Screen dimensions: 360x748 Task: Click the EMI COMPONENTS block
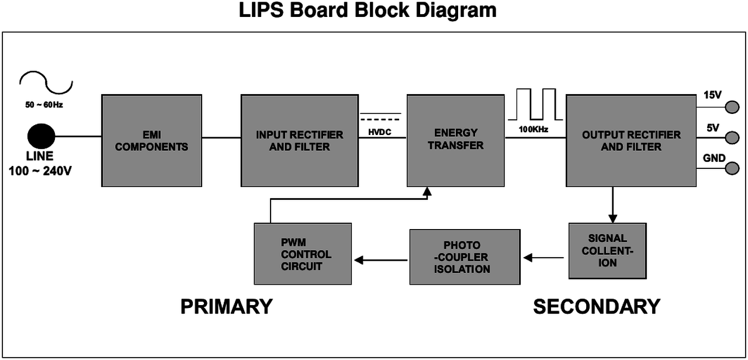[x=151, y=140]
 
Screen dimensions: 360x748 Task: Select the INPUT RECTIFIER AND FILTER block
[x=300, y=140]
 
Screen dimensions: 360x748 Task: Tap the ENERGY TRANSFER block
[x=456, y=140]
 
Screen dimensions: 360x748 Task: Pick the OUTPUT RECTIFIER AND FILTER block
[x=631, y=140]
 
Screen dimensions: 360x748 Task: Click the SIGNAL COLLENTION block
[x=608, y=251]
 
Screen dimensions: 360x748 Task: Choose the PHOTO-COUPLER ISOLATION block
[x=465, y=257]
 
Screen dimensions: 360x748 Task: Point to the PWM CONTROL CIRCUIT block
[x=303, y=254]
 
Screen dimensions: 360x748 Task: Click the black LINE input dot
[x=41, y=137]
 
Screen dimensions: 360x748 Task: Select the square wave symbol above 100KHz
[x=534, y=103]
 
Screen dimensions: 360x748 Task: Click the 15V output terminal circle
[x=731, y=108]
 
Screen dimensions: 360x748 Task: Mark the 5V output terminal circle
[x=731, y=138]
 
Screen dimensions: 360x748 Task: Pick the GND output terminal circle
[x=731, y=168]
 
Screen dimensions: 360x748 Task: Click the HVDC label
[x=379, y=133]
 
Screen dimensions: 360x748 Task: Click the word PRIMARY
[x=226, y=307]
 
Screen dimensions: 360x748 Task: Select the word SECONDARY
[x=597, y=307]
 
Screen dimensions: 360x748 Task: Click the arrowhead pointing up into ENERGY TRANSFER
[x=428, y=192]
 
